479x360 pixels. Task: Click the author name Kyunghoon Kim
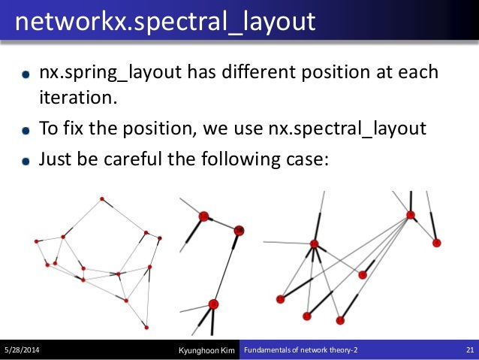click(207, 350)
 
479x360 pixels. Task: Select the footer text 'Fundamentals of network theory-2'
click(301, 350)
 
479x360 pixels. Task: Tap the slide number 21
click(467, 350)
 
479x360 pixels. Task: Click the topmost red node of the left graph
click(101, 199)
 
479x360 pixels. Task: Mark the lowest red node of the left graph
click(146, 327)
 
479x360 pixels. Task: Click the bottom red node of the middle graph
click(213, 304)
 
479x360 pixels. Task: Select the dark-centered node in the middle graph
click(239, 230)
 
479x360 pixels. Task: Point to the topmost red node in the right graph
click(411, 215)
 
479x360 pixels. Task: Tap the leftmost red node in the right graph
click(281, 299)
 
